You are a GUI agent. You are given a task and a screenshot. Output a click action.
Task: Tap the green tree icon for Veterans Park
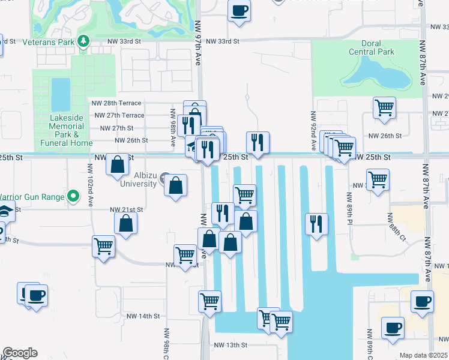tap(85, 41)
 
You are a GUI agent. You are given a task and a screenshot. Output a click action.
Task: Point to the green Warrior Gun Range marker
tap(73, 196)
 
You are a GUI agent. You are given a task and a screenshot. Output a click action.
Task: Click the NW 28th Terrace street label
tap(118, 103)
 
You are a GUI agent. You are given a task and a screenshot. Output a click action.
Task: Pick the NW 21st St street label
tap(127, 209)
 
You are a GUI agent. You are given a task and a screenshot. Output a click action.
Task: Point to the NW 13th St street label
tap(231, 345)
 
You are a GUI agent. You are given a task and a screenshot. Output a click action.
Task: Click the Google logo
tap(20, 353)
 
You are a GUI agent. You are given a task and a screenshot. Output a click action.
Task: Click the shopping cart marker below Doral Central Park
tap(384, 108)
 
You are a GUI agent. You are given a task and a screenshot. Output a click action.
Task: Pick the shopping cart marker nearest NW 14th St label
tap(209, 301)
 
